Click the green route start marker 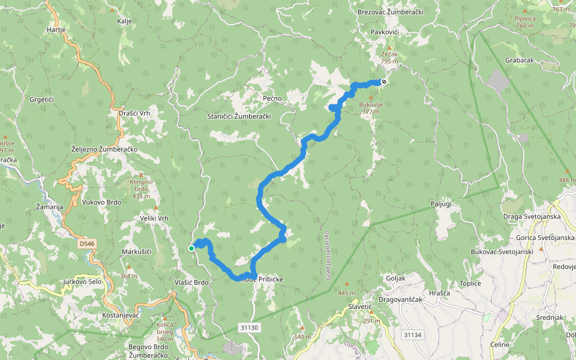click(191, 248)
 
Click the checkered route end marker click(383, 82)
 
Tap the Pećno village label click(272, 98)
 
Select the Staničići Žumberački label click(239, 116)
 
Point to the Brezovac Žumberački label click(391, 12)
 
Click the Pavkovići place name click(385, 31)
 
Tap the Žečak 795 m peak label click(389, 58)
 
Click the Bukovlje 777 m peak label click(371, 108)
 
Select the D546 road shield click(87, 244)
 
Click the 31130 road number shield click(248, 328)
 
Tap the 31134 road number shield click(413, 335)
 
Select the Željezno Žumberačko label click(104, 149)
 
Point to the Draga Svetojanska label click(530, 216)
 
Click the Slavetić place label click(361, 307)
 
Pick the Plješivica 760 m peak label click(524, 22)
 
